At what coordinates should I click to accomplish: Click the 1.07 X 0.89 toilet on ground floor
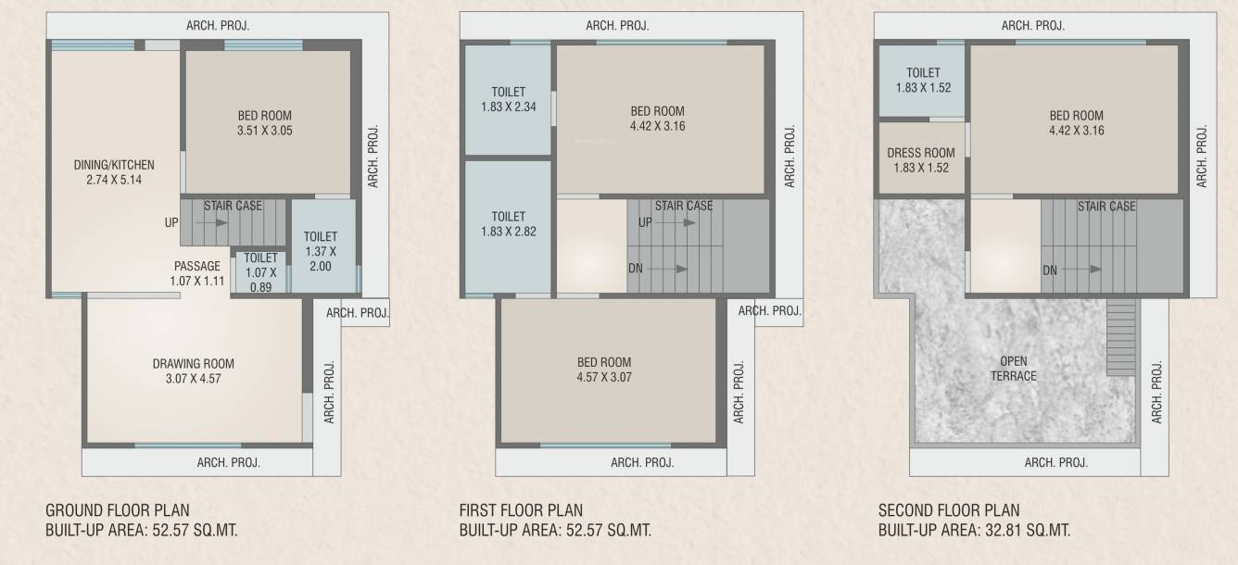(260, 272)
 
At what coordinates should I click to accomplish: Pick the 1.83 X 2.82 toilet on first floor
(508, 223)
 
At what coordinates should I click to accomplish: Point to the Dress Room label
(920, 160)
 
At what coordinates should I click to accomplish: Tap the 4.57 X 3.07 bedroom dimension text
(603, 377)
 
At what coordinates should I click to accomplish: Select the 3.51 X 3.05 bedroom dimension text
(264, 131)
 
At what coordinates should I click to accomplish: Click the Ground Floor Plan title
(118, 510)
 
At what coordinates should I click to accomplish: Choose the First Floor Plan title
(521, 510)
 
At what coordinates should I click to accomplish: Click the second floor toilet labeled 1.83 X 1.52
(923, 81)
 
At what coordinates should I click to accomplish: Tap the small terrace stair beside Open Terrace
(1121, 337)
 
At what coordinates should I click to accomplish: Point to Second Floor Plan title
(949, 510)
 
